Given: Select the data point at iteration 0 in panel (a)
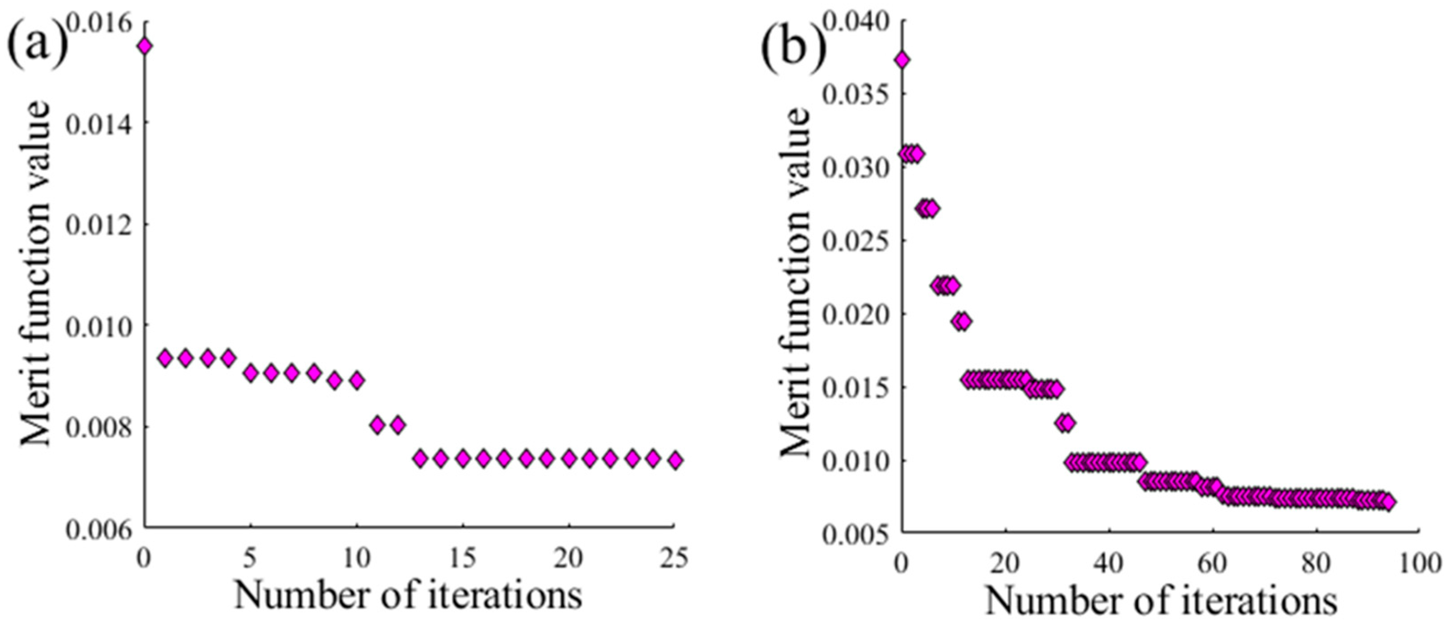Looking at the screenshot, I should click(145, 46).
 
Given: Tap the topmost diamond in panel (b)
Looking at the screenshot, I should click(902, 60).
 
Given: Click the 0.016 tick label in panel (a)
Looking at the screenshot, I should click(103, 22).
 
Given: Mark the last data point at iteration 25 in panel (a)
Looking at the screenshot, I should click(675, 460).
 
